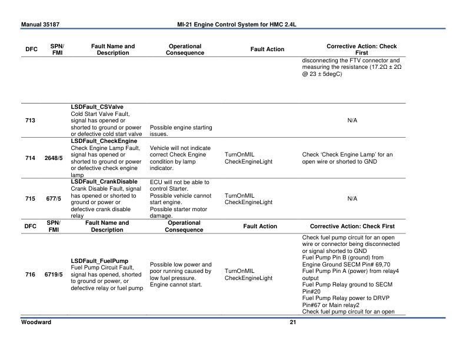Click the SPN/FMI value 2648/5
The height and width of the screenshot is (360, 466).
[x=54, y=158]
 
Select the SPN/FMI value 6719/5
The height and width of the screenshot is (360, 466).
[x=54, y=275]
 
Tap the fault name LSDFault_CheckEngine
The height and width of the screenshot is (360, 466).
[x=104, y=141]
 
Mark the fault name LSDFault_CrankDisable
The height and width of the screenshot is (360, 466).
[x=104, y=181]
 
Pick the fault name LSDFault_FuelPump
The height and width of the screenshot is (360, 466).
[x=99, y=261]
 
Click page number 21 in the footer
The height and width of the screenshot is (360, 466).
[x=292, y=322]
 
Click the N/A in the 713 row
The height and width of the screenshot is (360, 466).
[x=352, y=120]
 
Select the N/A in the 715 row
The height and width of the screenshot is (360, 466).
[x=352, y=198]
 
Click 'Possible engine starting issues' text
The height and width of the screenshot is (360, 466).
[x=181, y=131]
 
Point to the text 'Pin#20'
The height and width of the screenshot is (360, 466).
[x=312, y=291]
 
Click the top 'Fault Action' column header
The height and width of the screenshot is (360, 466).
[x=267, y=49]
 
